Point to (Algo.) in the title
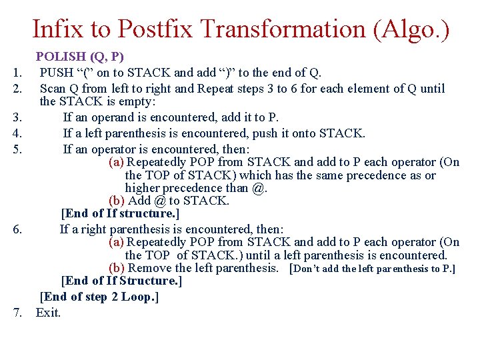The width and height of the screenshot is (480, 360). pos(411,29)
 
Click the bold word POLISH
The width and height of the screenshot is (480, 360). pos(60,57)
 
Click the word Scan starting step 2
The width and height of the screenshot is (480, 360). pos(51,88)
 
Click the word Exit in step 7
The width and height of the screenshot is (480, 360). pos(48,312)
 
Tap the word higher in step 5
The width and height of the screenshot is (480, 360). pos(143,188)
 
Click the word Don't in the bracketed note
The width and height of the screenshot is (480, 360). pos(308,269)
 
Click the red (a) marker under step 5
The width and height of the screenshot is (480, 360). pos(116,162)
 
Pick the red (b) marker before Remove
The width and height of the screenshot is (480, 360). pos(116,268)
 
